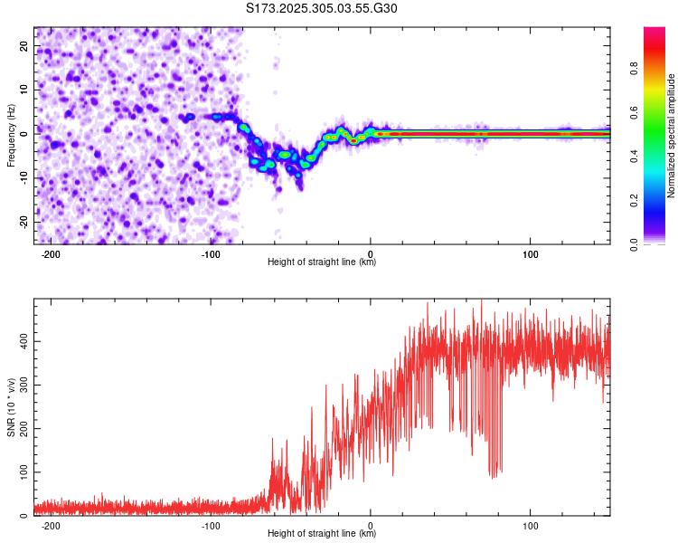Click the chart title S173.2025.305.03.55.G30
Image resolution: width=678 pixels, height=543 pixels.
tap(322, 8)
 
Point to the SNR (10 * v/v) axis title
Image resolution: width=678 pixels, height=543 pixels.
tap(11, 407)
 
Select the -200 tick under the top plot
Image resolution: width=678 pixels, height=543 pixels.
tap(51, 254)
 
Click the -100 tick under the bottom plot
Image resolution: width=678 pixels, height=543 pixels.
tap(211, 526)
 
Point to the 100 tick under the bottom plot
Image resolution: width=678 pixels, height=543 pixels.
tap(531, 526)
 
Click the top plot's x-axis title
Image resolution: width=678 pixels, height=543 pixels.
tap(322, 262)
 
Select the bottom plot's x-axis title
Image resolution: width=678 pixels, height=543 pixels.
tap(322, 534)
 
